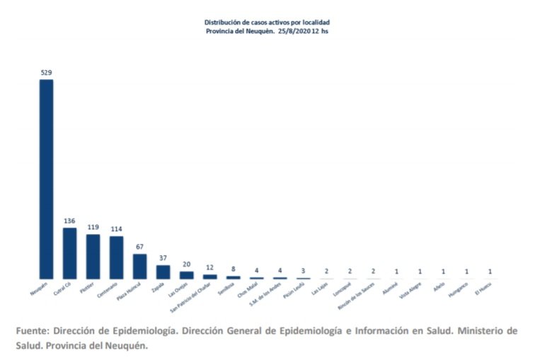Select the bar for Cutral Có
click(x=69, y=252)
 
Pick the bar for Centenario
click(x=116, y=257)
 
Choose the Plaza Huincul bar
click(x=139, y=266)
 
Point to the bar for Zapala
click(x=163, y=272)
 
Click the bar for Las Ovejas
click(x=187, y=274)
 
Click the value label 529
click(x=46, y=73)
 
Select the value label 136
click(x=69, y=221)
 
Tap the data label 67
click(x=139, y=247)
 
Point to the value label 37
click(x=163, y=258)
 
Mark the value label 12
click(x=210, y=268)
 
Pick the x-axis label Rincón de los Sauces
click(x=356, y=296)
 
